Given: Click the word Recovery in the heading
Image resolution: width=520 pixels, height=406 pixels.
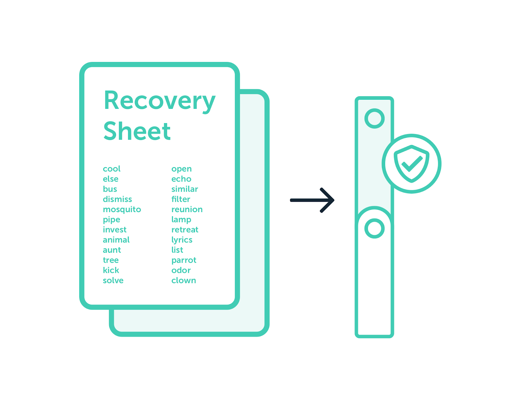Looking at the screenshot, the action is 159,101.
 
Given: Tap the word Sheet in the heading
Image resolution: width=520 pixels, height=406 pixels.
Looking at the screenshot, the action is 137,131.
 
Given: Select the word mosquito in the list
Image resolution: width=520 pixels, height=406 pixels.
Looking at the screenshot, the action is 122,209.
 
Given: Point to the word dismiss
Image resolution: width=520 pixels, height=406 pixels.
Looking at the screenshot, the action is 117,199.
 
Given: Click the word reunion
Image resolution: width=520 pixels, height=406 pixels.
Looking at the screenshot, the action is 187,209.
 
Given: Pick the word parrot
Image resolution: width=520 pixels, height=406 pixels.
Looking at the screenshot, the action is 184,260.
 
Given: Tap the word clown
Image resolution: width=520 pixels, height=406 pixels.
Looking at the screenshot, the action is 184,281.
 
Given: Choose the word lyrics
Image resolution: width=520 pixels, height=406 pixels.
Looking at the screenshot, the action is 182,240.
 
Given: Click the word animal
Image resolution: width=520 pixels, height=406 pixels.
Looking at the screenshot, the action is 116,240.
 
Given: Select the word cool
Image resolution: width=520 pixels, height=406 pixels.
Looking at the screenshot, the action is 111,169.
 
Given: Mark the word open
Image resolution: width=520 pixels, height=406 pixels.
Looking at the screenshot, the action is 181,169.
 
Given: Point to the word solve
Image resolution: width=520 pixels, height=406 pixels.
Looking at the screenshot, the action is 113,281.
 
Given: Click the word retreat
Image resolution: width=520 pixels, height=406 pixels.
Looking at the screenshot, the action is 185,230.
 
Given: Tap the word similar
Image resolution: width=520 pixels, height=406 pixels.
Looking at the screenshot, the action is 185,189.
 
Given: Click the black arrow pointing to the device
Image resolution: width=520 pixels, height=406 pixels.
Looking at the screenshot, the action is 312,200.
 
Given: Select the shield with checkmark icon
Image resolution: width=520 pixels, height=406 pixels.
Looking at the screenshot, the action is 411,163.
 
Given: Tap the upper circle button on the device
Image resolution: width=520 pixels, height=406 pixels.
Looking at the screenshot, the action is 374,118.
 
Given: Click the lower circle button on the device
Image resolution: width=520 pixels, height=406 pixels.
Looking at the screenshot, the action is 374,228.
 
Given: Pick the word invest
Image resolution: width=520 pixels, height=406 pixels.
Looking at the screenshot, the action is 114,230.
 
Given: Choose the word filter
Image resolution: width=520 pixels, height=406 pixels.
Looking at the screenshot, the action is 181,199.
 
